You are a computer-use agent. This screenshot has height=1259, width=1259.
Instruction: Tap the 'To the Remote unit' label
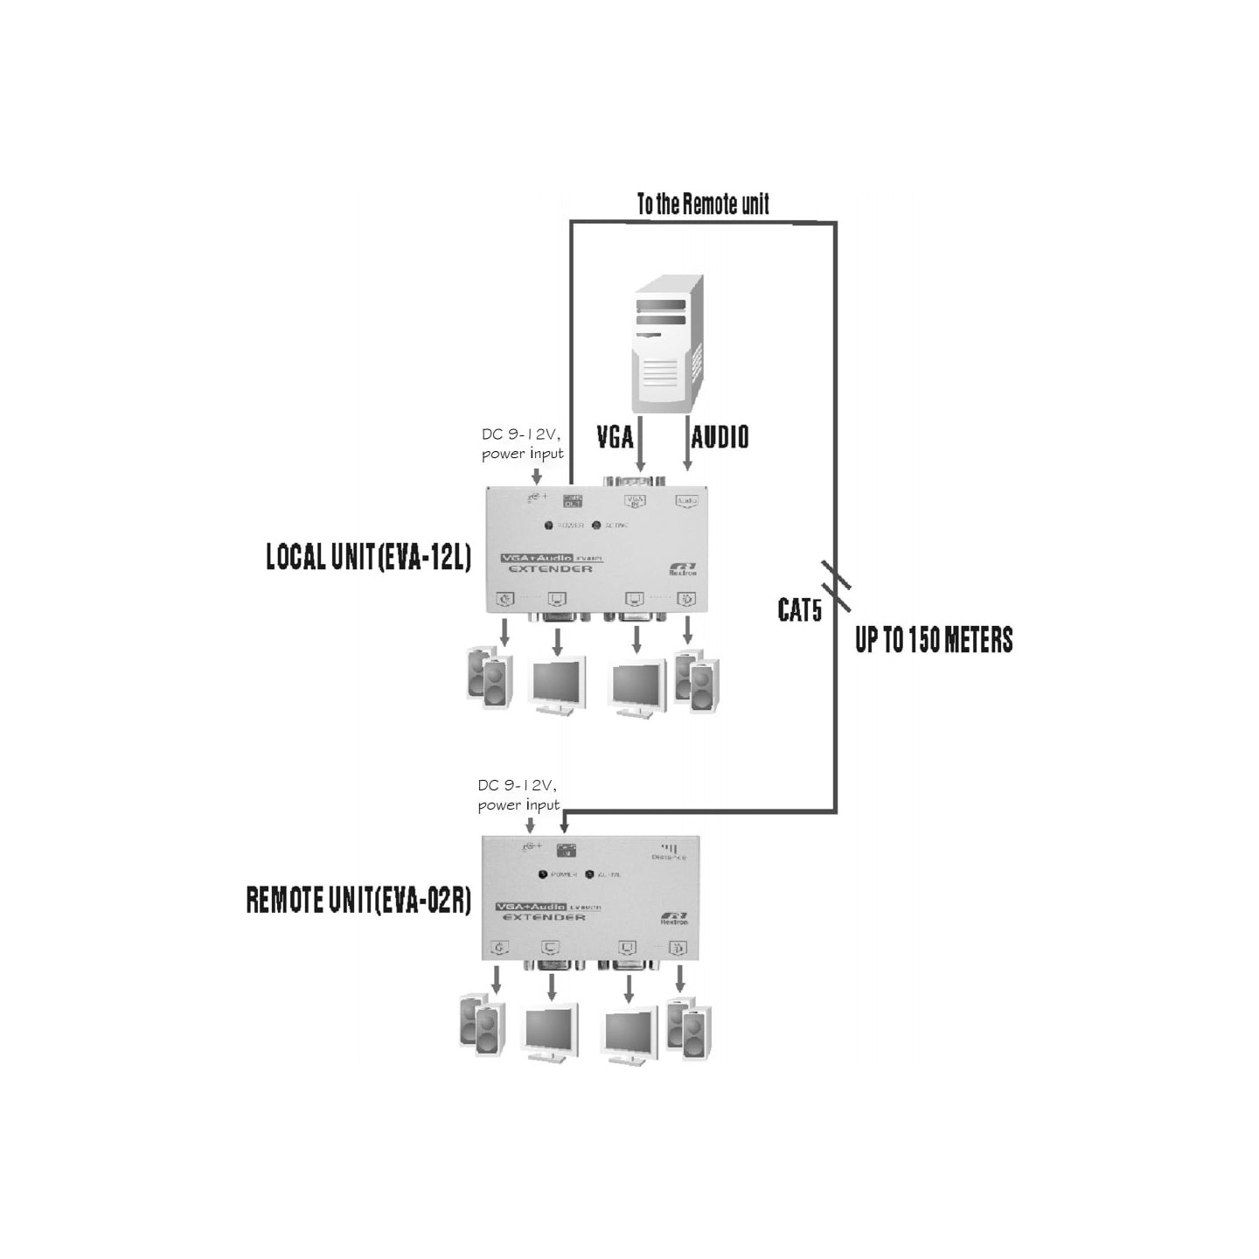click(x=703, y=205)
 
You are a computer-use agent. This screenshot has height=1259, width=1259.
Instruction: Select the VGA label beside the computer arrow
click(x=615, y=436)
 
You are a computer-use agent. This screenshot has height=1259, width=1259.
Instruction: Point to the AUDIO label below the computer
click(x=720, y=436)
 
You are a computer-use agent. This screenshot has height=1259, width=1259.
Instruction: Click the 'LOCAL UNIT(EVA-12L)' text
click(x=368, y=557)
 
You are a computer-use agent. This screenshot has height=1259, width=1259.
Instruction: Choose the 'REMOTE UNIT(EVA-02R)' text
click(x=358, y=901)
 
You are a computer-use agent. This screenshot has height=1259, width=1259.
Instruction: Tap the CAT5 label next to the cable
click(x=800, y=610)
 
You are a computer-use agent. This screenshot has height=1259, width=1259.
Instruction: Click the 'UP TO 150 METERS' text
click(x=934, y=640)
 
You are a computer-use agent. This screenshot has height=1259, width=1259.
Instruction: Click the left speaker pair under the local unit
click(x=489, y=678)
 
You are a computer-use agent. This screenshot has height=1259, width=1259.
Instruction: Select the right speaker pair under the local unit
click(x=697, y=680)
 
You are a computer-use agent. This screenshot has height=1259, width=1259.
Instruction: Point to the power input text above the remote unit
click(x=518, y=796)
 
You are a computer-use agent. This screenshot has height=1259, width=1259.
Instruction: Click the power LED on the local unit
click(x=549, y=525)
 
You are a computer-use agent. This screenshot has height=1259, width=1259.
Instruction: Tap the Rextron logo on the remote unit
click(x=674, y=919)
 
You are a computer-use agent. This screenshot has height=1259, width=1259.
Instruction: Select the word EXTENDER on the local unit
click(x=550, y=569)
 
